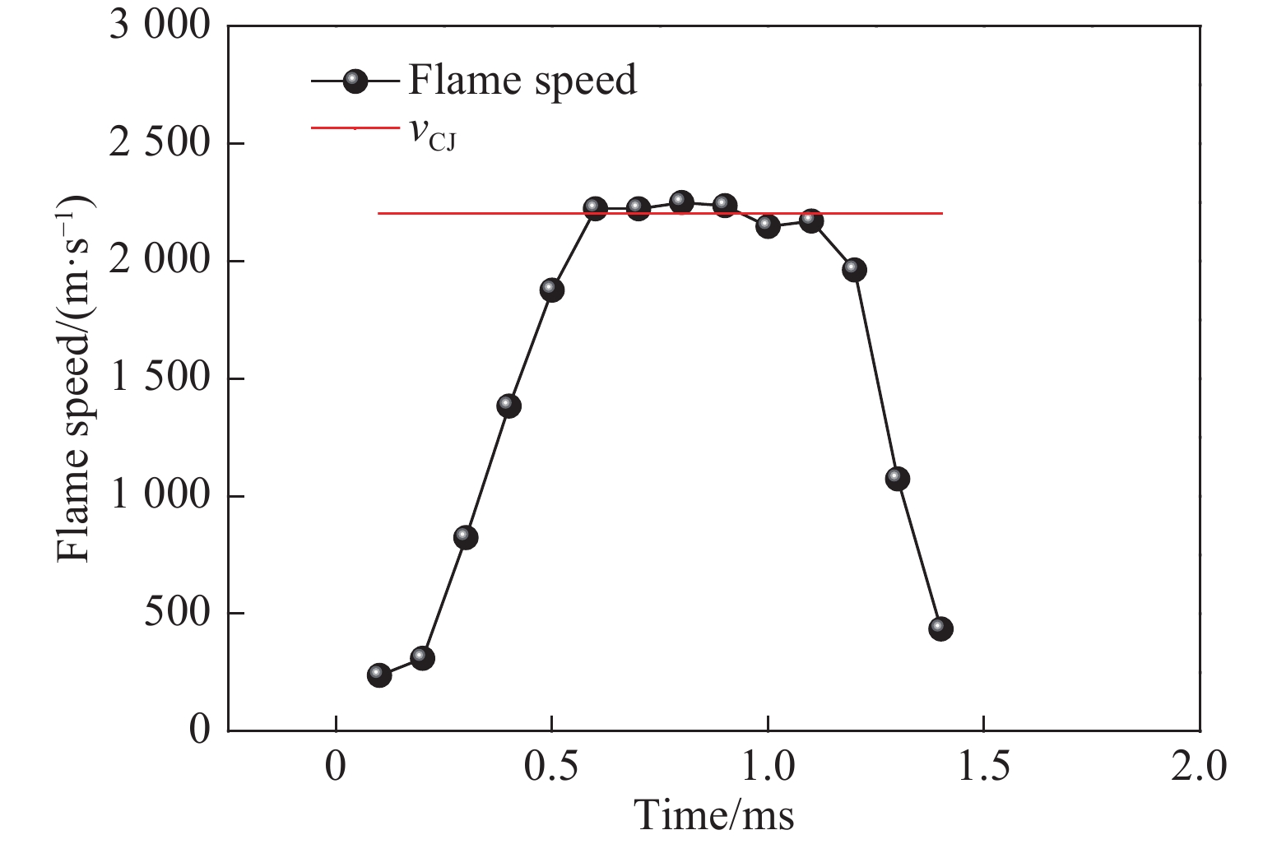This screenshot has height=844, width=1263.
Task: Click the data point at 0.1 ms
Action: point(379,675)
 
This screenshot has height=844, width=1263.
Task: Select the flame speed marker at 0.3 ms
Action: point(466,537)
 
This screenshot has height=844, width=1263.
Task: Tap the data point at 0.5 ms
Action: point(552,290)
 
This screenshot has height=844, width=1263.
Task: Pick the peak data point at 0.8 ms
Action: point(681,202)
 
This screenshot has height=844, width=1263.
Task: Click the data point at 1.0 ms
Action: point(768,225)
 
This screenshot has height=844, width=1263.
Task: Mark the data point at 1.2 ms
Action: point(854,269)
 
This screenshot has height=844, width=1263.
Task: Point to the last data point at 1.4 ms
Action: point(940,628)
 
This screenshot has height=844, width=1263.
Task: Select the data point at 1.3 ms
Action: point(898,478)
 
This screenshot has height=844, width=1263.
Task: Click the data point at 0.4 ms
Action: point(509,406)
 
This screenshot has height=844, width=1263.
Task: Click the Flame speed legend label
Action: point(522,80)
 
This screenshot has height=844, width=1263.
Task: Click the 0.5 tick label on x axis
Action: point(552,767)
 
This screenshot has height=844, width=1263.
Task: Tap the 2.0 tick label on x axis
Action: point(1200,767)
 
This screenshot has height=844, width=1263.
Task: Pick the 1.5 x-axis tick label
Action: point(984,767)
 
